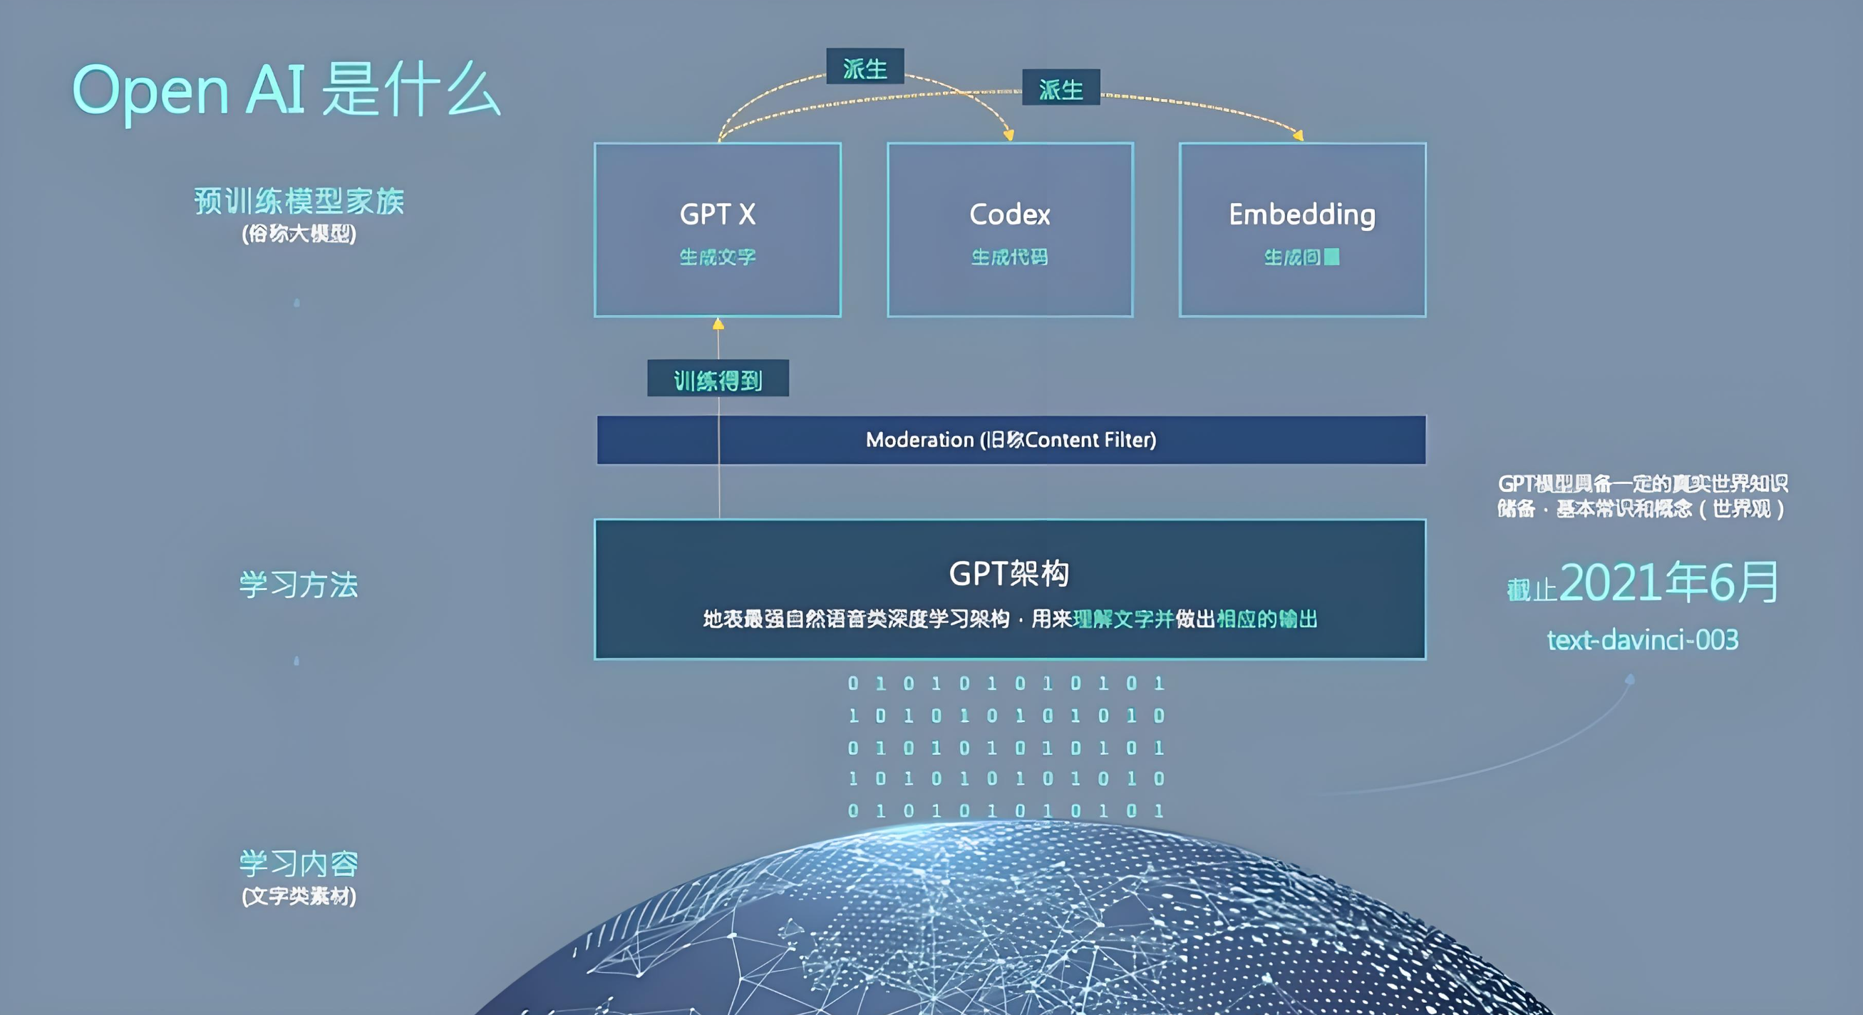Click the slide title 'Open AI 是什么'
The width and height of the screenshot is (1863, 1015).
[x=286, y=91]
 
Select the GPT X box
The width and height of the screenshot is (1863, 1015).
[x=718, y=230]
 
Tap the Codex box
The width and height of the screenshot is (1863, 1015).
[x=1010, y=230]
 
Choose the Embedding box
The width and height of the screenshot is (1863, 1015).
[x=1302, y=230]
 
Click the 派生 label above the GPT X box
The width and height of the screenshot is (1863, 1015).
[x=865, y=67]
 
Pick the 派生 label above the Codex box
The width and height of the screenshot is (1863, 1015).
[x=1061, y=88]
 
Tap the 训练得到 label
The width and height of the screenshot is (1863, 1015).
[x=718, y=379]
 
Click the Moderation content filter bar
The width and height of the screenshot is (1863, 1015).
[x=1011, y=440]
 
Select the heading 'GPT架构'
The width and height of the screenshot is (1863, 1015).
[x=1009, y=574]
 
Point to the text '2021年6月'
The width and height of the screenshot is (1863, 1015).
[x=1668, y=583]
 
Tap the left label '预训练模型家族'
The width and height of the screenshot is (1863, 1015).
[x=299, y=201]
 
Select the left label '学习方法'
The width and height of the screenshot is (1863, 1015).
[x=299, y=584]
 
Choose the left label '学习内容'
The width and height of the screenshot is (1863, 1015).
[x=299, y=863]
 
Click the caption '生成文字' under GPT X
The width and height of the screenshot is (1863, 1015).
[x=718, y=257]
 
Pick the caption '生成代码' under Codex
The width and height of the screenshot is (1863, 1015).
[x=1010, y=257]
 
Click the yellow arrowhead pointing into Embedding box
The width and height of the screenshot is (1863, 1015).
[x=1298, y=135]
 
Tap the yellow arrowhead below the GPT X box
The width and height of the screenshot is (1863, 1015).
[x=718, y=324]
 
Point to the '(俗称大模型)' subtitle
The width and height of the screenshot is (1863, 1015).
[x=299, y=234]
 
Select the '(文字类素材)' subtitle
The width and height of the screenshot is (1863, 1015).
[x=299, y=897]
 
